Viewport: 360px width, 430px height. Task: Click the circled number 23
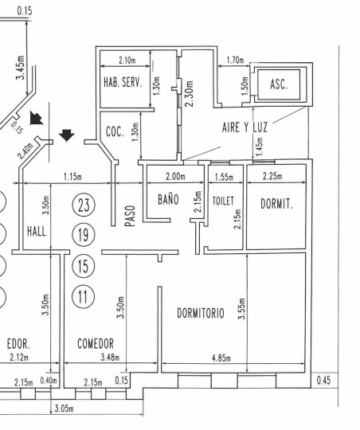(84, 205)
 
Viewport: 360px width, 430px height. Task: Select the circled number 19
(84, 235)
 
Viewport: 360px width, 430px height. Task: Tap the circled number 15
(83, 266)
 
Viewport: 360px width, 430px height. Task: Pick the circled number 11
(83, 297)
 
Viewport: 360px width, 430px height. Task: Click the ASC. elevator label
(279, 84)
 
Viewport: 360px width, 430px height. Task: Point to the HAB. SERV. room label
(123, 82)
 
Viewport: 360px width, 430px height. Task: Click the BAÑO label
(168, 199)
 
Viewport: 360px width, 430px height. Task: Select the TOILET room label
(223, 201)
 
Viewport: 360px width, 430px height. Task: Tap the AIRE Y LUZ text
(245, 127)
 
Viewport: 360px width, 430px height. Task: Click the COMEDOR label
(96, 344)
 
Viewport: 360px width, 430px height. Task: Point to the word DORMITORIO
(201, 313)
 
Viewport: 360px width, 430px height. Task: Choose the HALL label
(37, 231)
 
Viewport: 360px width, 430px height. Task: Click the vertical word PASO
(131, 216)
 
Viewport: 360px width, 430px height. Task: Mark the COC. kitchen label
(115, 131)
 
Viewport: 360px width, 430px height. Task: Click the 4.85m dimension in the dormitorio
(221, 358)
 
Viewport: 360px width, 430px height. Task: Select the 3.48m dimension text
(110, 358)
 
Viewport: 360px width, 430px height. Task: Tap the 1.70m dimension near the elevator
(235, 60)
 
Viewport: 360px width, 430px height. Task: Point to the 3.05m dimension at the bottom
(65, 408)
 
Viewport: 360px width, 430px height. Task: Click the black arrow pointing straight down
(67, 135)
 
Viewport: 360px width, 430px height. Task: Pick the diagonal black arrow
(36, 118)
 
